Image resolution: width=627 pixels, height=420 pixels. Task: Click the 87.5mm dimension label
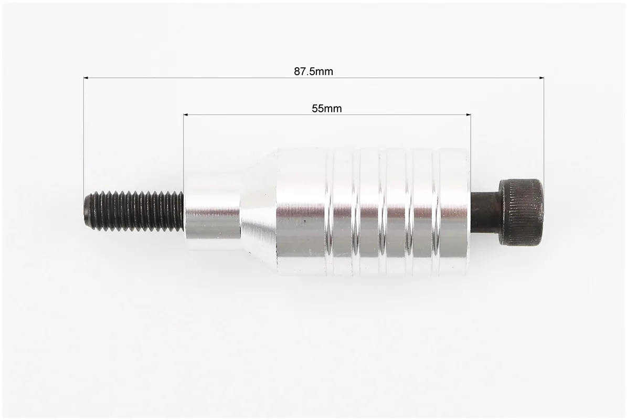coord(314,71)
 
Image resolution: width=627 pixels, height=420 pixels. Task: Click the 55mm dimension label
coord(327,108)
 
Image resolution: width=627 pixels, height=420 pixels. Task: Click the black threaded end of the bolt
coord(134,211)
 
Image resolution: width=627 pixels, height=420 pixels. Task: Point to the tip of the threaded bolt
coord(85,211)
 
